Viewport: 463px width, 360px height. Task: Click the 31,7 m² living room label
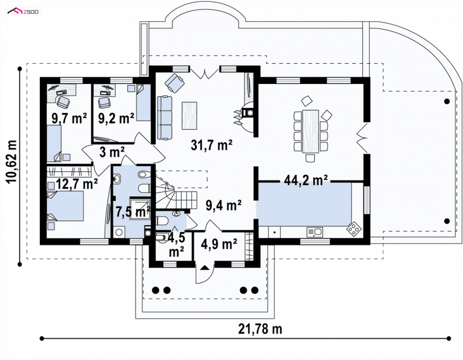(212, 145)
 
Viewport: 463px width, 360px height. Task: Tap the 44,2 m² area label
(306, 180)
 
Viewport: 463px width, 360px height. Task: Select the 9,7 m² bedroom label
(69, 119)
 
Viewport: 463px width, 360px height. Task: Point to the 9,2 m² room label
(116, 118)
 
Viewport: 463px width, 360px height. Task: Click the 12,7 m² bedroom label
(76, 183)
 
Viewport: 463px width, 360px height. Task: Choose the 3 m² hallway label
(112, 152)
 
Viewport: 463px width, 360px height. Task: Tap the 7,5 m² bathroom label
(133, 211)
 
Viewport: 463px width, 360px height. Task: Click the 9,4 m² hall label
(223, 205)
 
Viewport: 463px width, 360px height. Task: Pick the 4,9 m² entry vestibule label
(219, 244)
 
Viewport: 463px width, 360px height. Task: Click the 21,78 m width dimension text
(260, 328)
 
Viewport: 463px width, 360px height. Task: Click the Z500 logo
(23, 12)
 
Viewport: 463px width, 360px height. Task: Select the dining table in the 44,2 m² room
(310, 131)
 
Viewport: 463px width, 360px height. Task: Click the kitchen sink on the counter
(314, 232)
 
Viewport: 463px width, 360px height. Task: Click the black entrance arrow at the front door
(205, 268)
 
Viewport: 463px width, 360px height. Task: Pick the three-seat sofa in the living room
(165, 117)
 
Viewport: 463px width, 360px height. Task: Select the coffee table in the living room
(190, 116)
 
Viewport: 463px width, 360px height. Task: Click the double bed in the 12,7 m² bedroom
(65, 206)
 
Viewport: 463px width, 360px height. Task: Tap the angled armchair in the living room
(174, 82)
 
